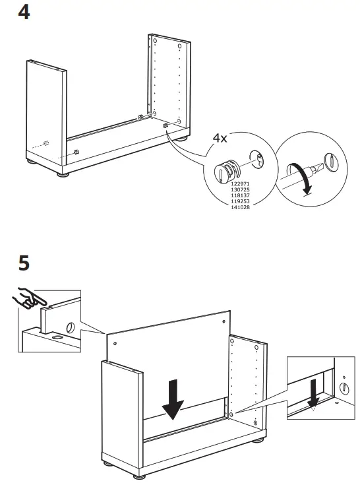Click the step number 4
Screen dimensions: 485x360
(24, 13)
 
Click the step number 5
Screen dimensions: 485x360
(24, 263)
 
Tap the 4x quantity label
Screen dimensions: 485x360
(219, 140)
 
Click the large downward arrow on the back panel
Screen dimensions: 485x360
(172, 399)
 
